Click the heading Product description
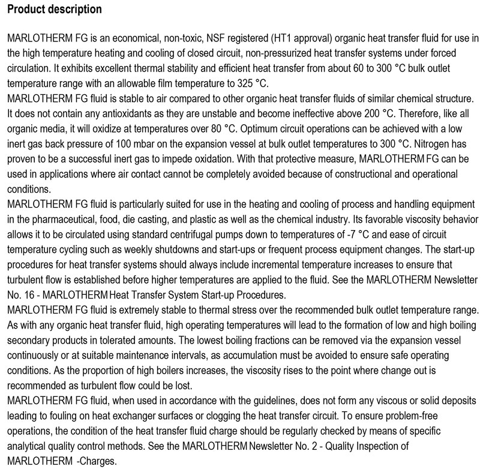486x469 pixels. click(x=55, y=10)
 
